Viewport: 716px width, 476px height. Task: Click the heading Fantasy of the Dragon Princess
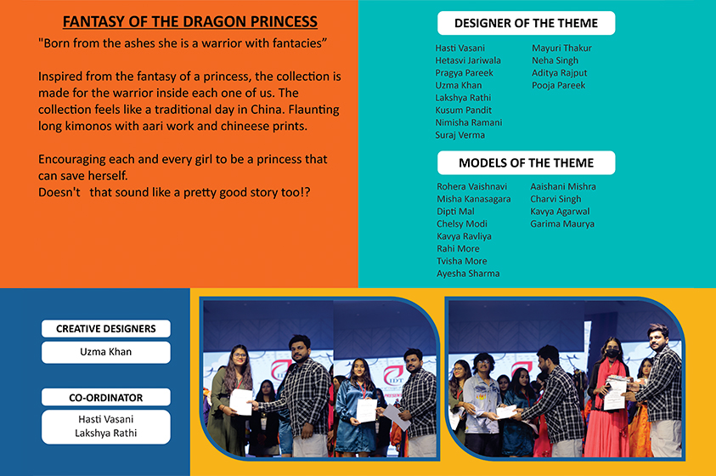coord(190,21)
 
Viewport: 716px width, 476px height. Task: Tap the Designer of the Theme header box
coord(526,23)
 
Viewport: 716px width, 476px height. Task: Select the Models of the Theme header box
coord(526,162)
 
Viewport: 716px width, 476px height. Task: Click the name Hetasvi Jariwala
coord(468,60)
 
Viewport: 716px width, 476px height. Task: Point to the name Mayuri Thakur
coord(561,48)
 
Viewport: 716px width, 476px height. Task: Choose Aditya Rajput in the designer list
coord(560,72)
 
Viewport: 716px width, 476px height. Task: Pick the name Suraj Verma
coord(459,135)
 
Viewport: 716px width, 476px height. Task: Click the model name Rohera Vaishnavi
coord(471,186)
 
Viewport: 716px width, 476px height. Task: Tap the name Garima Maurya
coord(562,224)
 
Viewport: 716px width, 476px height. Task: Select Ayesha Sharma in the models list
coord(468,274)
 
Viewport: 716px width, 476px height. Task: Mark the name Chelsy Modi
coord(462,224)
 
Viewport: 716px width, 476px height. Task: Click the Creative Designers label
coord(106,328)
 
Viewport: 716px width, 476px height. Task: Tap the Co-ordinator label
coord(106,398)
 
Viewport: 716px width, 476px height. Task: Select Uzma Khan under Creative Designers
coord(106,352)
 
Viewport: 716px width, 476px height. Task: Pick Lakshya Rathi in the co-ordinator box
coord(106,433)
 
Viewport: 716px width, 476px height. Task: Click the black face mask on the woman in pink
coord(612,353)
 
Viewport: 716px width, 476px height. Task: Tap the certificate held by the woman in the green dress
coord(240,401)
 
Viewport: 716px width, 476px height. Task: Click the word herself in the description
coord(108,176)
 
